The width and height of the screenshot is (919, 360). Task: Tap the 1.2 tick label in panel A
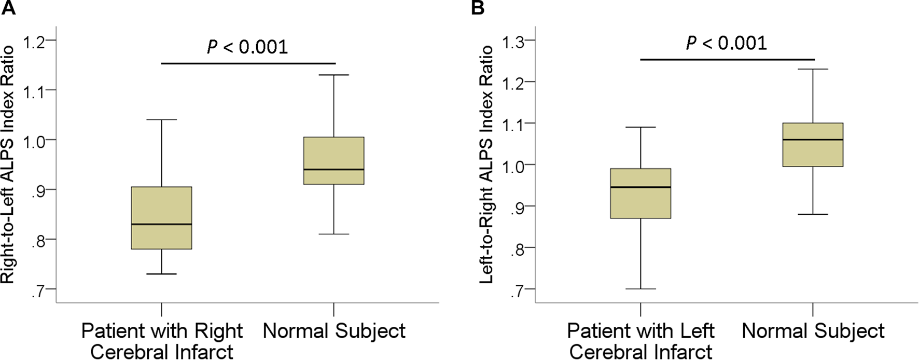click(x=39, y=40)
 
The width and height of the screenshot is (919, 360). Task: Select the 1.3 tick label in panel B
click(x=518, y=40)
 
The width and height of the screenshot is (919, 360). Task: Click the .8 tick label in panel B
click(x=520, y=248)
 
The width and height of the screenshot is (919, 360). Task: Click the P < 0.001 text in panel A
click(x=247, y=47)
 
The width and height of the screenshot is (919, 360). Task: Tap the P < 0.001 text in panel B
click(x=727, y=43)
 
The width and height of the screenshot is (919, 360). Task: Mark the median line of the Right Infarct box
click(x=161, y=224)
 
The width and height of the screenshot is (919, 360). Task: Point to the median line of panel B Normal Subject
click(x=813, y=140)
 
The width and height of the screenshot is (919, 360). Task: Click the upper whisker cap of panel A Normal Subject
click(x=333, y=75)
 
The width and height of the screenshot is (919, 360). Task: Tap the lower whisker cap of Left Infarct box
click(x=640, y=289)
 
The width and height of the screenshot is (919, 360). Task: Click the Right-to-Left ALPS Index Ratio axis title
click(x=8, y=165)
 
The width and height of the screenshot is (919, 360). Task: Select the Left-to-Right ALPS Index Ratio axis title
click(x=486, y=165)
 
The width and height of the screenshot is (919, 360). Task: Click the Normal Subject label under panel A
click(x=334, y=331)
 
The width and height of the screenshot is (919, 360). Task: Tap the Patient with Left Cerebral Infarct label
click(x=640, y=341)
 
